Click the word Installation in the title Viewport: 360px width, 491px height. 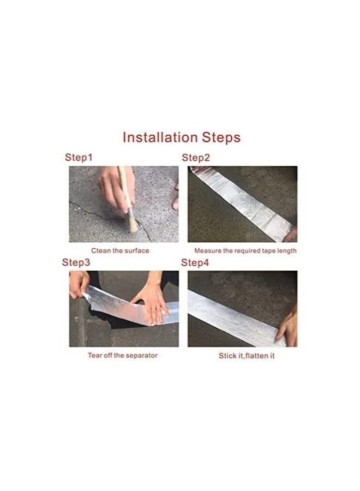[x=159, y=137]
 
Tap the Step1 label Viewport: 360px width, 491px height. [x=79, y=158]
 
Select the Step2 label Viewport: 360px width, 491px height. [x=196, y=158]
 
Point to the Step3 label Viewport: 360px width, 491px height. [x=76, y=262]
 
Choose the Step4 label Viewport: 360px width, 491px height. [x=195, y=262]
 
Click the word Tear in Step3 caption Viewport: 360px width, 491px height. [x=95, y=356]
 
